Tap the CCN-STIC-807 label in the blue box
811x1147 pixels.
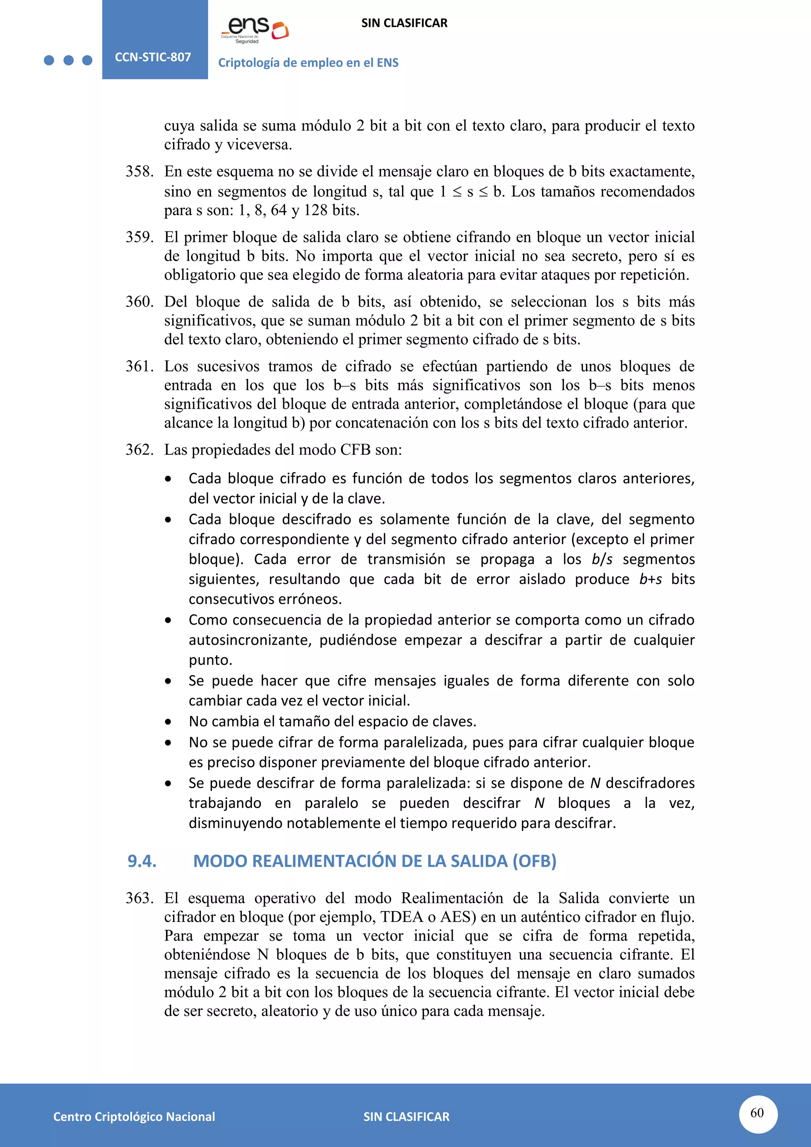[x=153, y=57]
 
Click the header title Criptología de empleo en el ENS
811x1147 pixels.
[x=308, y=63]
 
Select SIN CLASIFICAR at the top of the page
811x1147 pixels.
[x=404, y=23]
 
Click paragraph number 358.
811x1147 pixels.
[x=139, y=171]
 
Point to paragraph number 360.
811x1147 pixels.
[x=139, y=302]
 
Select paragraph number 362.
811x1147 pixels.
[x=139, y=450]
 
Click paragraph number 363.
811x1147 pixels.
[x=139, y=898]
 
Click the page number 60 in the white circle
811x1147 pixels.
[x=757, y=1113]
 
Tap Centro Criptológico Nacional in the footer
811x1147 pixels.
[x=134, y=1117]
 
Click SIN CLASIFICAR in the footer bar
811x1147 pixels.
[x=406, y=1117]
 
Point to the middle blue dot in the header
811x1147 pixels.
[x=69, y=61]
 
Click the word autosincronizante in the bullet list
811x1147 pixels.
[x=250, y=640]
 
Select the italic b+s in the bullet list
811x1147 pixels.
[x=651, y=579]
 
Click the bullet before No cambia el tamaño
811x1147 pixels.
[x=168, y=722]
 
